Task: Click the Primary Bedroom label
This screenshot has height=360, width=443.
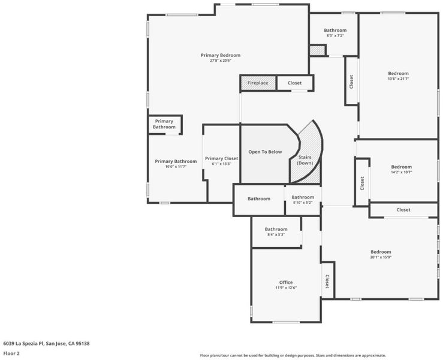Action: (221, 55)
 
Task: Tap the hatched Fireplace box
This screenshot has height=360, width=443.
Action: (258, 83)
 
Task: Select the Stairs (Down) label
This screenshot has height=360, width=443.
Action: (305, 160)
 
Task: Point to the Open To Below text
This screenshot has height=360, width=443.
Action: (265, 152)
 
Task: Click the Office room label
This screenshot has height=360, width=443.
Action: (286, 282)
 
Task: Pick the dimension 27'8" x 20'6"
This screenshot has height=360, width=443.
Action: (221, 61)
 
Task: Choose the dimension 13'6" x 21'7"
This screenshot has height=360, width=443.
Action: (399, 79)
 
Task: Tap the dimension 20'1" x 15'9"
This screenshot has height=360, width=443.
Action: (381, 257)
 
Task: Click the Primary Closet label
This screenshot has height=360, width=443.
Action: (222, 158)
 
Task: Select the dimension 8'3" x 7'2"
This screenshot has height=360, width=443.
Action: (335, 35)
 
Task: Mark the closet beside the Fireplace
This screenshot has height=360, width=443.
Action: (295, 83)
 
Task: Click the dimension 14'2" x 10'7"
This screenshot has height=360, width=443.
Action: (402, 172)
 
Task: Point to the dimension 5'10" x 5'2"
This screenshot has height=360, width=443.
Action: (303, 202)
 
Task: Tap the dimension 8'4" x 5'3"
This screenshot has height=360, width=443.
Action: (276, 235)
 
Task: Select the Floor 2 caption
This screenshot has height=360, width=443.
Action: (11, 353)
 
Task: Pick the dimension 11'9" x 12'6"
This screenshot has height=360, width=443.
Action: (286, 287)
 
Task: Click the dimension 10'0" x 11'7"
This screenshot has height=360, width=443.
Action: (176, 167)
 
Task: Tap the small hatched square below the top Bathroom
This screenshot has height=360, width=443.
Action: (318, 50)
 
